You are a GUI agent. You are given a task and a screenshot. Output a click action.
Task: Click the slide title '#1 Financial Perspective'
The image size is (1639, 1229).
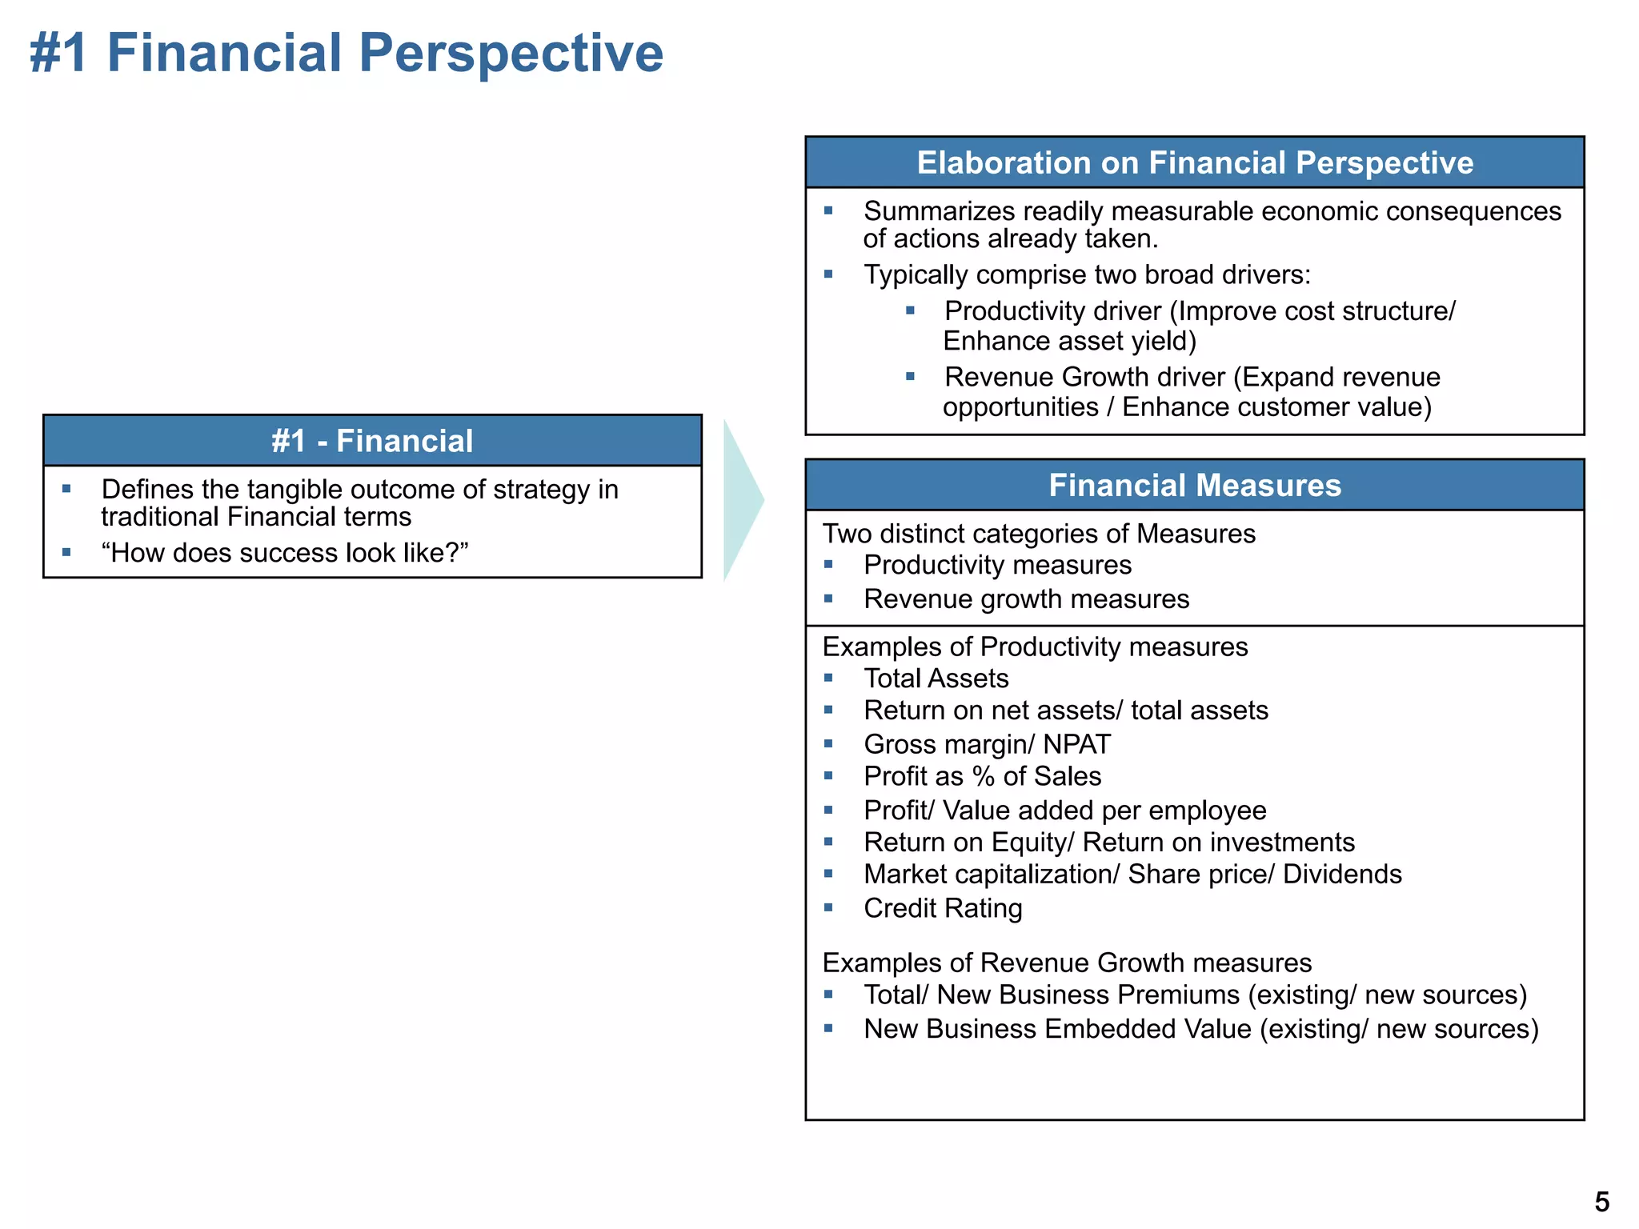coord(346,54)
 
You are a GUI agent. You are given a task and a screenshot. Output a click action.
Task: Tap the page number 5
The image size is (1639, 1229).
coord(1601,1202)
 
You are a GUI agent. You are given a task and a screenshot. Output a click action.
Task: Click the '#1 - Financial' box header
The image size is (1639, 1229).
coord(372,441)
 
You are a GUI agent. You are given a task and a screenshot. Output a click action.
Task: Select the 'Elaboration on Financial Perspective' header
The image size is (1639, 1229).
coord(1194,162)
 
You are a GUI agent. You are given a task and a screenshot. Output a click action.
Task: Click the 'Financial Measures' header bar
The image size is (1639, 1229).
coord(1194,485)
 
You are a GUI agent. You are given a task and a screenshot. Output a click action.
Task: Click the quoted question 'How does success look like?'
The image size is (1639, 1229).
coord(284,553)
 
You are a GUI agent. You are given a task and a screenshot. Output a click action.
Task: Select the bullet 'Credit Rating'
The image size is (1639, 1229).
coord(943,908)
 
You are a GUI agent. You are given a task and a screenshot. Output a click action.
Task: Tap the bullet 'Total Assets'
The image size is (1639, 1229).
coord(936,679)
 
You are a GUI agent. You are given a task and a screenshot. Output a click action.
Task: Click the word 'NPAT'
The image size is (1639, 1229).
coord(1076,744)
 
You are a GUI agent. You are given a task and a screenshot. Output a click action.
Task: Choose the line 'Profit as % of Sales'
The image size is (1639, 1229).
coord(982,776)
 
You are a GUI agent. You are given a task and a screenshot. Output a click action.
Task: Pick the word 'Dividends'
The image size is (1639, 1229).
coord(1342,875)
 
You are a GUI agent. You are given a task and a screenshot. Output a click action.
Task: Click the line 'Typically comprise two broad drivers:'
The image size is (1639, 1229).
coord(1087,274)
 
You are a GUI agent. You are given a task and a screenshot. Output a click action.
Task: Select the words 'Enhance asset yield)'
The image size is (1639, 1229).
coord(1069,342)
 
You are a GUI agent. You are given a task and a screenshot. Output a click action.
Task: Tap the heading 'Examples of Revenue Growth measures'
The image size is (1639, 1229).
coord(1067,963)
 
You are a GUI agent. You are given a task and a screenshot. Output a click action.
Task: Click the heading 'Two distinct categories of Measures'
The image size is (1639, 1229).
coord(1039,534)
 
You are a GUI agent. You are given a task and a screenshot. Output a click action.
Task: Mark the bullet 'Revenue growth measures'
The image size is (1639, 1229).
coord(1026,599)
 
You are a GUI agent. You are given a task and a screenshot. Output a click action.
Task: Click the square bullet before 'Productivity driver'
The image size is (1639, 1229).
coord(910,310)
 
